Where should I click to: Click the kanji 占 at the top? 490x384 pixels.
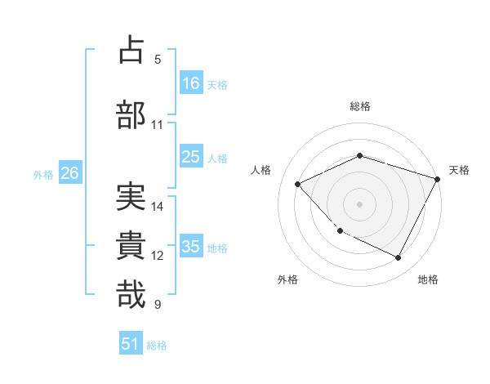pyautogui.click(x=131, y=50)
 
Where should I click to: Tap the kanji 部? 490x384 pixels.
pyautogui.click(x=131, y=115)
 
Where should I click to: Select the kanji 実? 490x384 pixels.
pyautogui.click(x=131, y=197)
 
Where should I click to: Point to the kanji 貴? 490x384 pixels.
pyautogui.click(x=131, y=246)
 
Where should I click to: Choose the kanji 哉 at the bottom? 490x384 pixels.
pyautogui.click(x=131, y=295)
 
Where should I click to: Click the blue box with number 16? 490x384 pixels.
pyautogui.click(x=191, y=83)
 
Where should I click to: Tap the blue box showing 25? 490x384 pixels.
pyautogui.click(x=191, y=157)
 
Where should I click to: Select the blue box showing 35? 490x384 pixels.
pyautogui.click(x=191, y=247)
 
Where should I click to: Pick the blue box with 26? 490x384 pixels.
pyautogui.click(x=69, y=173)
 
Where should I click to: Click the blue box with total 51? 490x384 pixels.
pyautogui.click(x=131, y=344)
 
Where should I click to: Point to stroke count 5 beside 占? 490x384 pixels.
pyautogui.click(x=158, y=60)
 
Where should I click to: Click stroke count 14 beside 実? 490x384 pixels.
pyautogui.click(x=158, y=207)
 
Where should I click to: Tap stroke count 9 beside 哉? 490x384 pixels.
pyautogui.click(x=158, y=305)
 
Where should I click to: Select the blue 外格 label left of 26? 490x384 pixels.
pyautogui.click(x=43, y=174)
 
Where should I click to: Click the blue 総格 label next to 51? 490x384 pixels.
pyautogui.click(x=157, y=346)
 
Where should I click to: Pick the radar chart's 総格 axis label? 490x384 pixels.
pyautogui.click(x=360, y=106)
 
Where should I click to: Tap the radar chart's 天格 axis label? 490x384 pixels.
pyautogui.click(x=459, y=170)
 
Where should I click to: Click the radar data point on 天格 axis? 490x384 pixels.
pyautogui.click(x=438, y=179)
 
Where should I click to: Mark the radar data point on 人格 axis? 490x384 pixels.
pyautogui.click(x=298, y=184)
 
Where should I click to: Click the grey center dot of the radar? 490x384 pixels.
pyautogui.click(x=360, y=203)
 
